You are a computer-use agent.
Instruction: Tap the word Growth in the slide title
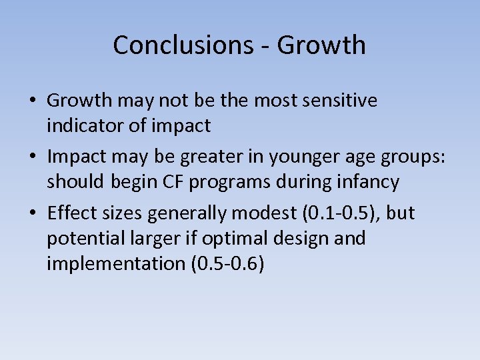(x=321, y=45)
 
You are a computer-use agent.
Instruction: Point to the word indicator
(x=85, y=125)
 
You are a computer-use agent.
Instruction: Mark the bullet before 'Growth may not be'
(x=33, y=101)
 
